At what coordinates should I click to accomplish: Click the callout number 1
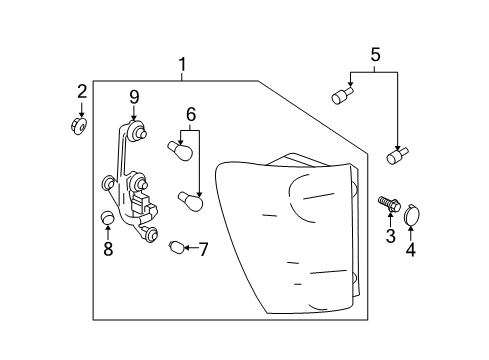point(181,66)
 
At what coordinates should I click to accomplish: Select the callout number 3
point(391,236)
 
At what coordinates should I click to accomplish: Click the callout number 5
point(376,55)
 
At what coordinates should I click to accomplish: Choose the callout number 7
point(203,248)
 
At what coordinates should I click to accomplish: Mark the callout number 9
point(133,97)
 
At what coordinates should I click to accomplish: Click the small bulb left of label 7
point(177,247)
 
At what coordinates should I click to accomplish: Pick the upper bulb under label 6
point(181,151)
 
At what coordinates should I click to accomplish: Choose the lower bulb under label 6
point(190,199)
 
